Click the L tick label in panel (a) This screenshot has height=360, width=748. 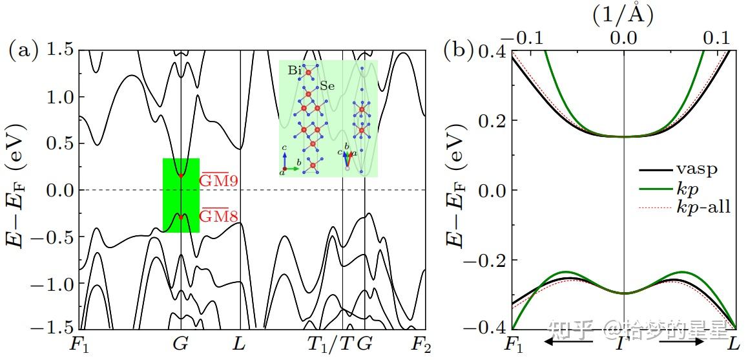[x=240, y=344]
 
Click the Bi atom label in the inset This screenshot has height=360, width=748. [x=294, y=70]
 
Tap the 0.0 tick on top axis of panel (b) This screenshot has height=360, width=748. [x=624, y=37]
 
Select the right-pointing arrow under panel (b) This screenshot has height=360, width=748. [x=681, y=341]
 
